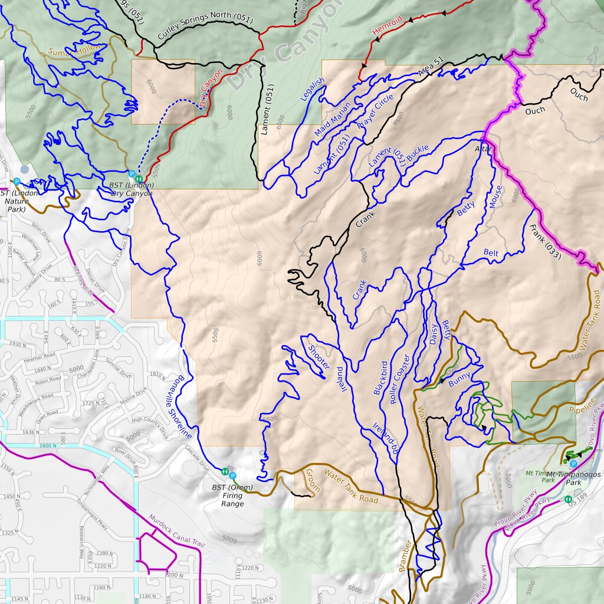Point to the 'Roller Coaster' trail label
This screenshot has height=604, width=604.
pyautogui.click(x=399, y=379)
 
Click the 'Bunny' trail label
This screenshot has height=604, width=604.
pyautogui.click(x=459, y=379)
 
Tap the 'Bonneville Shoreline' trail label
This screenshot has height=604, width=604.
pyautogui.click(x=185, y=408)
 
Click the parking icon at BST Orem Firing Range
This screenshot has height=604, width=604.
pyautogui.click(x=232, y=475)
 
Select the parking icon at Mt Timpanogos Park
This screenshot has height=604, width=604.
pyautogui.click(x=573, y=464)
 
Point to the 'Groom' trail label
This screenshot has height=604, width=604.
pyautogui.click(x=311, y=480)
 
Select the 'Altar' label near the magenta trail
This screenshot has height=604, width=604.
pyautogui.click(x=482, y=150)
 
